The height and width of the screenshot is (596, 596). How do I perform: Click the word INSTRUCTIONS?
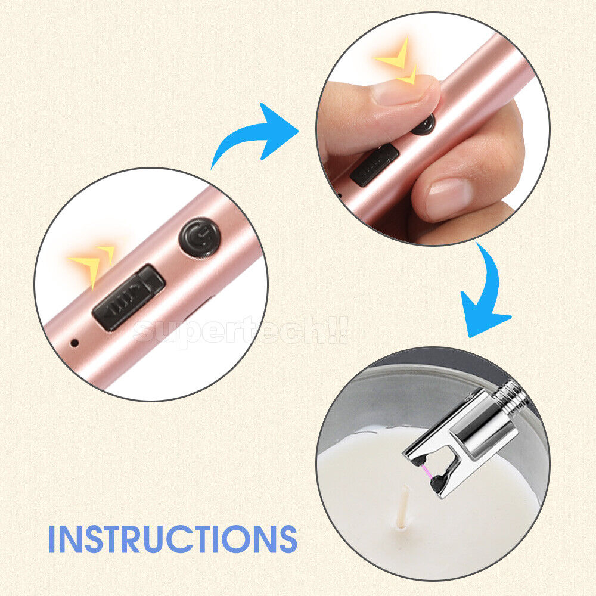[173, 539]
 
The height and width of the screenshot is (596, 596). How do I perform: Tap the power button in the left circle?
[200, 238]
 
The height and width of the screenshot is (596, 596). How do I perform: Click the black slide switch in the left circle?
[129, 297]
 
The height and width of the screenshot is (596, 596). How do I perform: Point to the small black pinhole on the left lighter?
[75, 343]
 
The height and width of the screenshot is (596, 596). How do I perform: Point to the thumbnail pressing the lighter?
[403, 91]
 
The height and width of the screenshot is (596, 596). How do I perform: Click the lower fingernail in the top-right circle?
[449, 198]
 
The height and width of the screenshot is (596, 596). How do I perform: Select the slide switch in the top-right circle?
[374, 165]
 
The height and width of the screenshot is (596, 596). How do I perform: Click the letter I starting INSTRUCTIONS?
[52, 539]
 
